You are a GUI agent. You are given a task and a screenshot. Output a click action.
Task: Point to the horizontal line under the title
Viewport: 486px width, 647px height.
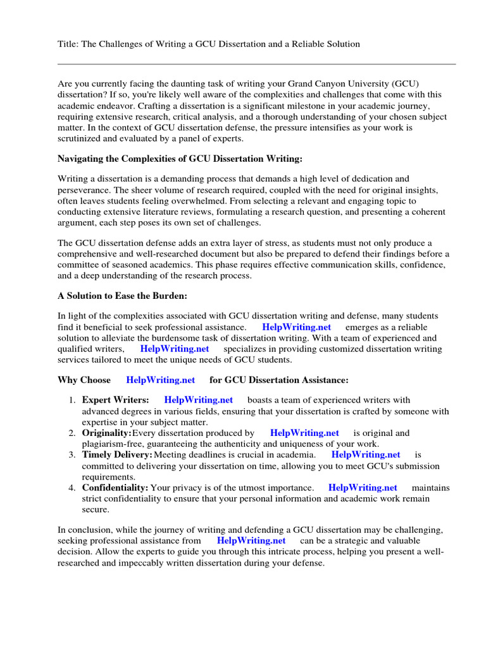coord(256,64)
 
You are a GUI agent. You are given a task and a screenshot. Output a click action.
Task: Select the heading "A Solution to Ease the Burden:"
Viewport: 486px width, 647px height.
coord(122,296)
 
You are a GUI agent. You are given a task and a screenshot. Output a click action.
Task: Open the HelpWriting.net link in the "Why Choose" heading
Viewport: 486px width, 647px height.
coord(161,380)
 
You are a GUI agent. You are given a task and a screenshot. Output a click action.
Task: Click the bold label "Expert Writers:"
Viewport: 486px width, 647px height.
coord(115,399)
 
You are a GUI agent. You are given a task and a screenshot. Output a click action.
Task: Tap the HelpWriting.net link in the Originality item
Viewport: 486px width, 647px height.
coord(304,433)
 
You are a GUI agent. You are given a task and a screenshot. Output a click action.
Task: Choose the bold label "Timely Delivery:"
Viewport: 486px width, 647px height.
coord(117,454)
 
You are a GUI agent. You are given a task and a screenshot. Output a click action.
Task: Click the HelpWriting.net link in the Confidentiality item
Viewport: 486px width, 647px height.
coord(363,487)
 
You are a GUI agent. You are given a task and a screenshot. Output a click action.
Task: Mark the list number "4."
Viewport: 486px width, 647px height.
coord(72,487)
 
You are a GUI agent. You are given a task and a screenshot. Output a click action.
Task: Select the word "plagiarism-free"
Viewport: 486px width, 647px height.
coord(112,444)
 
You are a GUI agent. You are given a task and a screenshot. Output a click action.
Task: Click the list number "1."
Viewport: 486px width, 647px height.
coord(72,399)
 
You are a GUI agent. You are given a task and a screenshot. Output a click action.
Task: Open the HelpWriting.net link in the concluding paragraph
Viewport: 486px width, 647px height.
coord(251,541)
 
